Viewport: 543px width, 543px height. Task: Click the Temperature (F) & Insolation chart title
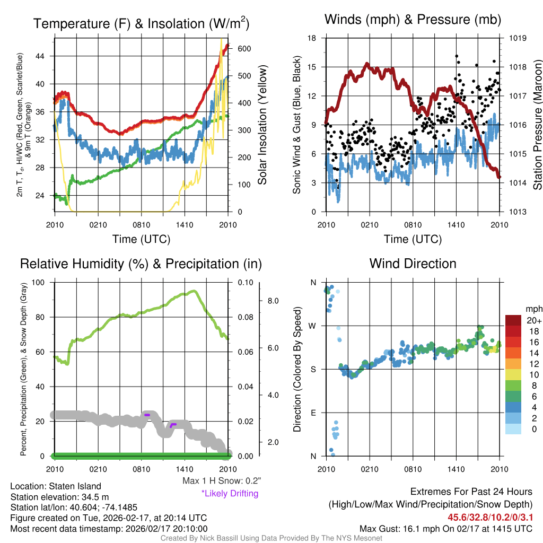coord(141,24)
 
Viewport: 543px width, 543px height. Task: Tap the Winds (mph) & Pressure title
coord(413,20)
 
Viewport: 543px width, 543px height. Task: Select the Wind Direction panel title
coord(413,264)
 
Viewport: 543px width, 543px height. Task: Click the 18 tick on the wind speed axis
coord(312,38)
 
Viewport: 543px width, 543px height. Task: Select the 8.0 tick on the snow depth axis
coord(273,301)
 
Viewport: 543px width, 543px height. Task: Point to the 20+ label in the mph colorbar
coord(534,320)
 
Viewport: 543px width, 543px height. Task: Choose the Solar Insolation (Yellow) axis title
coord(262,125)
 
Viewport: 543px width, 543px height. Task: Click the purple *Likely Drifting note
coord(230,494)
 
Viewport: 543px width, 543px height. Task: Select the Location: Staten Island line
coord(56,486)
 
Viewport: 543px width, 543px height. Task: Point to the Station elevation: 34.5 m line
coord(59,497)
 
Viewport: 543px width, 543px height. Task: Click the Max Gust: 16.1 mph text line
coord(445,529)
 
